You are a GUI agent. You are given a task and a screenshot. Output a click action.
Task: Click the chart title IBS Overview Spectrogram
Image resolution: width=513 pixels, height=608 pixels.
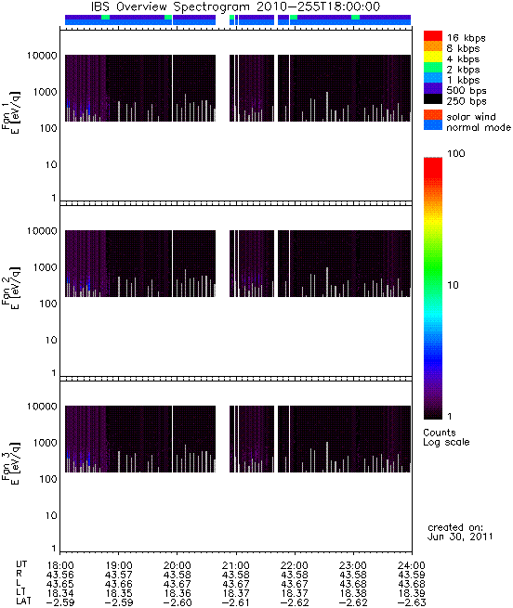[x=170, y=7]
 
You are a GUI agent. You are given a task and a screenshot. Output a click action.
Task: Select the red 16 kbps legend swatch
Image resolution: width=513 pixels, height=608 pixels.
[x=433, y=35]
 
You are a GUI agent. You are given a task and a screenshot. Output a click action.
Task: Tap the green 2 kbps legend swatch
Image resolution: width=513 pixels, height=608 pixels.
[x=433, y=68]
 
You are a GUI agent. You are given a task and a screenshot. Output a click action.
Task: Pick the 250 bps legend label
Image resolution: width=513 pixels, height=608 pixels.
[x=466, y=101]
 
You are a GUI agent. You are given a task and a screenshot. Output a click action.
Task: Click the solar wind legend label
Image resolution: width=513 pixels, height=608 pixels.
[x=471, y=117]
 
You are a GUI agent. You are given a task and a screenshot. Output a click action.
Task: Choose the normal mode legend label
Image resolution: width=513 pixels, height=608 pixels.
[x=479, y=127]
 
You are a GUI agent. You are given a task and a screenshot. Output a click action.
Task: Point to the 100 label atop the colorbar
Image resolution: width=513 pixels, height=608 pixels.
[x=456, y=153]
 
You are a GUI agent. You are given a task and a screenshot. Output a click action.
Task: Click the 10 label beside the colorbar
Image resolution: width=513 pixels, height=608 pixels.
[x=454, y=285]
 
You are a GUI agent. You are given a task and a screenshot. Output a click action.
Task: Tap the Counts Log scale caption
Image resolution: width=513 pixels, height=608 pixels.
[x=446, y=437]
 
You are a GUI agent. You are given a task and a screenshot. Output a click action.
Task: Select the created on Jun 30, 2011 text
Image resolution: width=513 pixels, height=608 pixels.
[x=460, y=532]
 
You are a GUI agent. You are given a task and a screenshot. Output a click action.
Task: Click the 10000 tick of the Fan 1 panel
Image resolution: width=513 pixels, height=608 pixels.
[x=42, y=56]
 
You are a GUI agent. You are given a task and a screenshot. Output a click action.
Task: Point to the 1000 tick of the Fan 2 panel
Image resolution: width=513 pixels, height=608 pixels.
[x=45, y=267]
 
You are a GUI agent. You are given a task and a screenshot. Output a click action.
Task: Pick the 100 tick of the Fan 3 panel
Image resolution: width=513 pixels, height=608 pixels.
[x=48, y=479]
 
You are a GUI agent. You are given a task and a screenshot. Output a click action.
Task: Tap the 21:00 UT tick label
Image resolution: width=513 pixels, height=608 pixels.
[x=236, y=565]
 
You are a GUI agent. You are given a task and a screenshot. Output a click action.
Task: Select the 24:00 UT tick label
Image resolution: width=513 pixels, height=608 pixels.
[x=412, y=565]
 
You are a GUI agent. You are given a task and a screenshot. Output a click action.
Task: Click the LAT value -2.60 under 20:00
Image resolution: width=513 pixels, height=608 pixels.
[x=178, y=602]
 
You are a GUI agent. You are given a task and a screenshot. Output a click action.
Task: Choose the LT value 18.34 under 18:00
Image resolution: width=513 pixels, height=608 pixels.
[x=60, y=593]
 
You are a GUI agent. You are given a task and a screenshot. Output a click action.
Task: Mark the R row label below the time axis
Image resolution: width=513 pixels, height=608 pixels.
[x=19, y=574]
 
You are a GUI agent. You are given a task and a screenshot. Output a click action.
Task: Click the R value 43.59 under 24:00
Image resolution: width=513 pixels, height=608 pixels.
[x=412, y=575]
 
